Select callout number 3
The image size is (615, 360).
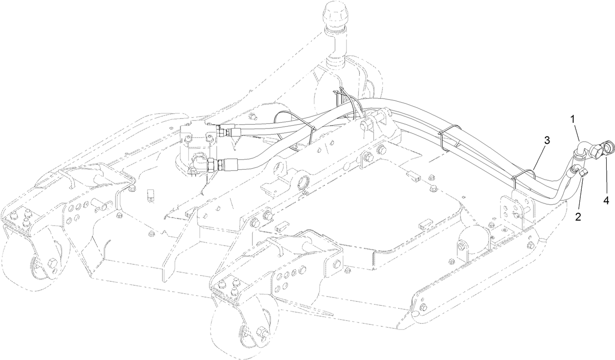point(547,140)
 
